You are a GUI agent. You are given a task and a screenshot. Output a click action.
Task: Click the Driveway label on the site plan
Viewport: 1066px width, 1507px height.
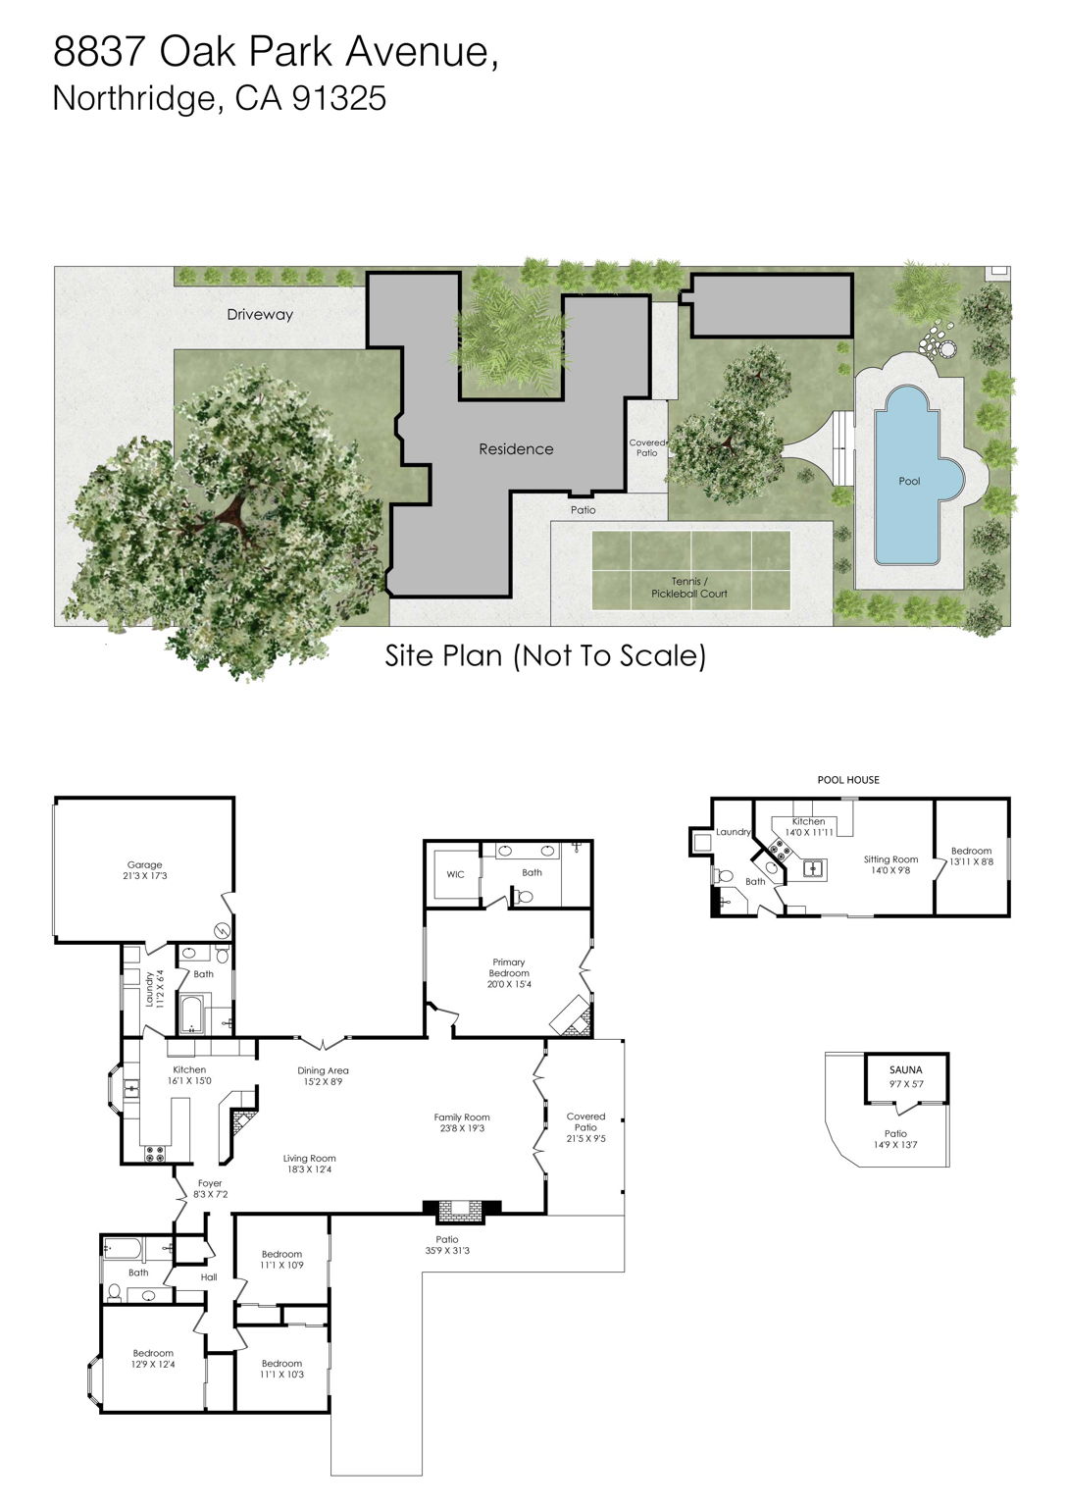click(260, 315)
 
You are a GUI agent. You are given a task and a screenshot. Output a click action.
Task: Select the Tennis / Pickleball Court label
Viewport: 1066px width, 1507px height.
click(689, 588)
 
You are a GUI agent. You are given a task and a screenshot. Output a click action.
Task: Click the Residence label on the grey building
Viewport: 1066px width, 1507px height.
click(516, 449)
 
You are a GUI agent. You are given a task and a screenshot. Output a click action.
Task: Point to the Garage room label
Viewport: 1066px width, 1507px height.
click(145, 865)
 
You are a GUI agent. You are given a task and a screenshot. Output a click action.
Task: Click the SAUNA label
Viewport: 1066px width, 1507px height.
click(905, 1069)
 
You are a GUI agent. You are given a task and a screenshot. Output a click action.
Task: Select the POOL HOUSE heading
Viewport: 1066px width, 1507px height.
click(848, 780)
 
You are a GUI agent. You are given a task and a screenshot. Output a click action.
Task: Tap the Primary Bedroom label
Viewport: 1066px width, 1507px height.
click(509, 967)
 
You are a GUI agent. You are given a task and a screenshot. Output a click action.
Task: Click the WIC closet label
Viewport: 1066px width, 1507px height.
click(455, 874)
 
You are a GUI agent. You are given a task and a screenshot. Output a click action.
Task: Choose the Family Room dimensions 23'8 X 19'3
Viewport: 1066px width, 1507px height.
click(462, 1129)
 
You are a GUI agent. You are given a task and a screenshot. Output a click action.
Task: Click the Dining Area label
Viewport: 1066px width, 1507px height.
click(323, 1070)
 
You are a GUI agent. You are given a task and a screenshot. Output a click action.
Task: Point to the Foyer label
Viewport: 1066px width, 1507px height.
click(210, 1183)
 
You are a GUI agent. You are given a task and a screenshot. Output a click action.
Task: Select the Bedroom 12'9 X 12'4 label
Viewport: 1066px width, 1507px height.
click(153, 1359)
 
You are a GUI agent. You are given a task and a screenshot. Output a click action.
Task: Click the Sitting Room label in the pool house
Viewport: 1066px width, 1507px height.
click(890, 859)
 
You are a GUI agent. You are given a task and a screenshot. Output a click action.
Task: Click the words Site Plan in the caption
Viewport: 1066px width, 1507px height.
click(445, 655)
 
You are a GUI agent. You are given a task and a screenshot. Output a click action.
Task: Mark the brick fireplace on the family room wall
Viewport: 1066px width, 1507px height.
click(460, 1211)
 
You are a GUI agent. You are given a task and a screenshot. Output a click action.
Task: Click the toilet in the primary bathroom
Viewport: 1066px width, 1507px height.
click(524, 895)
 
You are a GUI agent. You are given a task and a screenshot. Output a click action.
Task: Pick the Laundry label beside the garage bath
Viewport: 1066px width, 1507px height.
click(150, 989)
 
